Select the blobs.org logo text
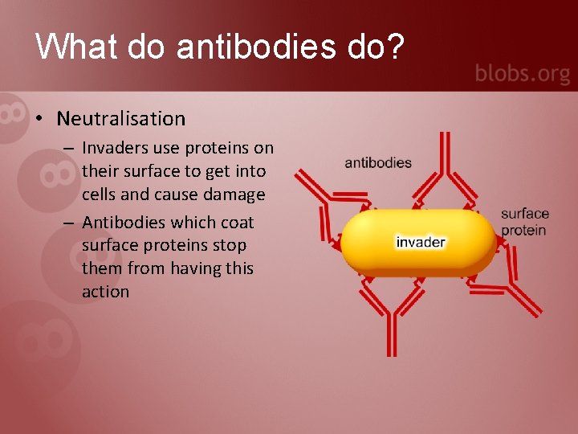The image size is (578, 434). click(x=522, y=74)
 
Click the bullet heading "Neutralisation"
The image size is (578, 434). click(x=120, y=119)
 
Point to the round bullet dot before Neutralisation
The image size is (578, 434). click(x=39, y=120)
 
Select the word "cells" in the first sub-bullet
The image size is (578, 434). click(x=99, y=194)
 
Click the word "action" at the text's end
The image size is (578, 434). click(x=105, y=292)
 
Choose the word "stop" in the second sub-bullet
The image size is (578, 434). click(x=230, y=245)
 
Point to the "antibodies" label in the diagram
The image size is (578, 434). click(x=378, y=163)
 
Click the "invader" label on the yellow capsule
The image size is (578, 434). click(x=420, y=242)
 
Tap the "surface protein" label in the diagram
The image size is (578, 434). click(x=524, y=222)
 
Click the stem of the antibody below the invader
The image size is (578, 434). click(x=391, y=334)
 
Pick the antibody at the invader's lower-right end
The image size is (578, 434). click(x=514, y=294)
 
